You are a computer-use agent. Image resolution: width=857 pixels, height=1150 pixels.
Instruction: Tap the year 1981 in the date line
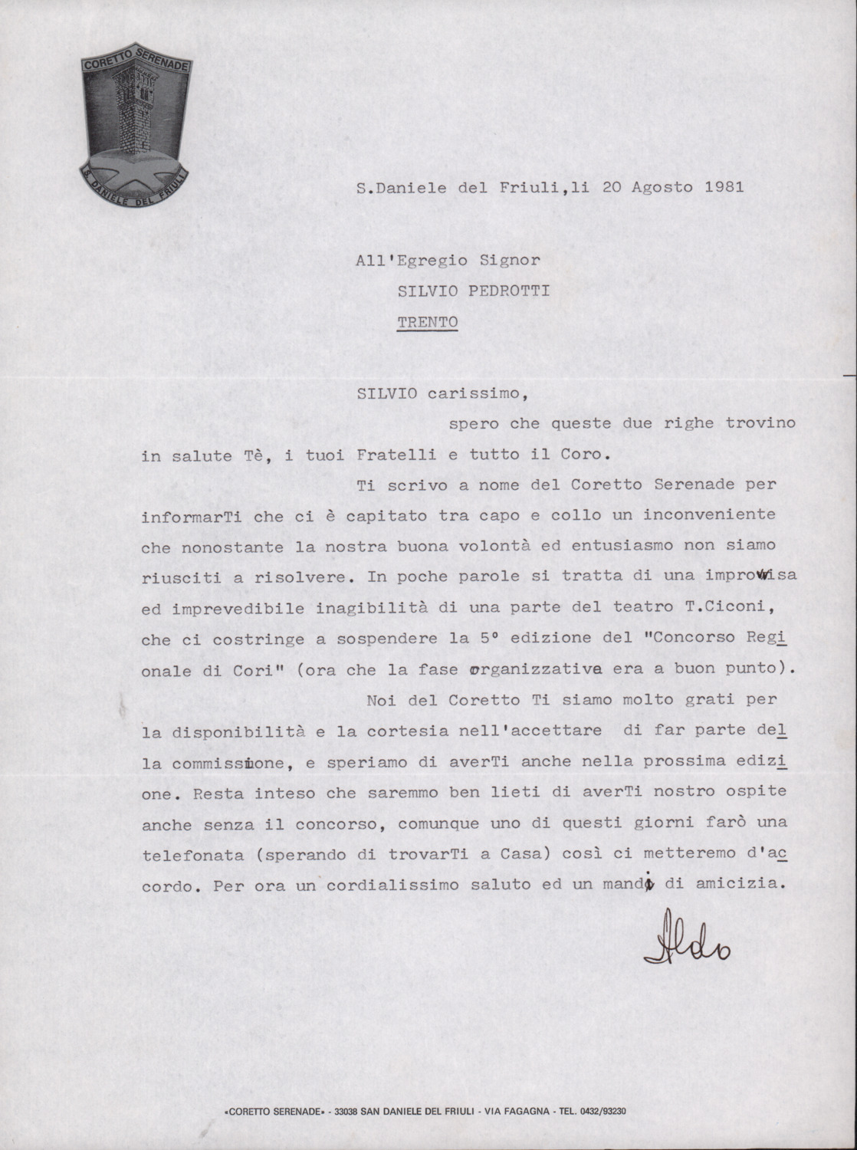click(724, 186)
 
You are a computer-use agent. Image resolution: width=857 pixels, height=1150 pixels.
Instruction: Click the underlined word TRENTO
click(427, 321)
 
